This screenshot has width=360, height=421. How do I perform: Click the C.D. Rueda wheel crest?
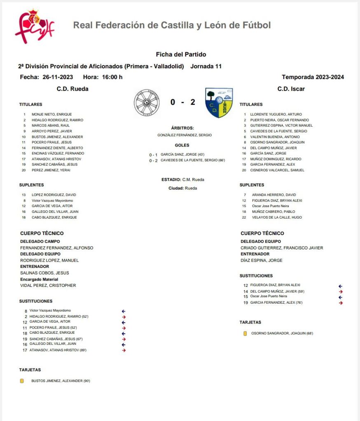click(x=147, y=102)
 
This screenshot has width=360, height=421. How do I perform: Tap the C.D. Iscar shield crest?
click(x=219, y=102)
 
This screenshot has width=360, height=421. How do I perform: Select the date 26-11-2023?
click(x=58, y=77)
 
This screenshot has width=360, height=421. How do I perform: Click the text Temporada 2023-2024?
click(x=313, y=77)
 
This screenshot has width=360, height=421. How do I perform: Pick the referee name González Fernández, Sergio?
click(x=185, y=135)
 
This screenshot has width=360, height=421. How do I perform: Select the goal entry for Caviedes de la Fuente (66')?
click(x=192, y=160)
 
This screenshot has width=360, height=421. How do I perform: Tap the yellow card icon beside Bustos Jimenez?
click(x=22, y=381)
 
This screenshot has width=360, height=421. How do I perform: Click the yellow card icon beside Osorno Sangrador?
click(x=245, y=333)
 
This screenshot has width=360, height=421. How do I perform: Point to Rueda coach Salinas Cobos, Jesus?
click(x=44, y=273)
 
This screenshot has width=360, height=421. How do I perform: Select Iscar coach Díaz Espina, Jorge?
click(x=262, y=261)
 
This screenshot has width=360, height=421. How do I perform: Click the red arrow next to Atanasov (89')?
click(x=124, y=350)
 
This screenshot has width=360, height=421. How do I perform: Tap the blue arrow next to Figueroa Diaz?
click(x=340, y=286)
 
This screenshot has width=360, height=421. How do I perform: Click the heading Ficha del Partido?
click(x=181, y=54)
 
